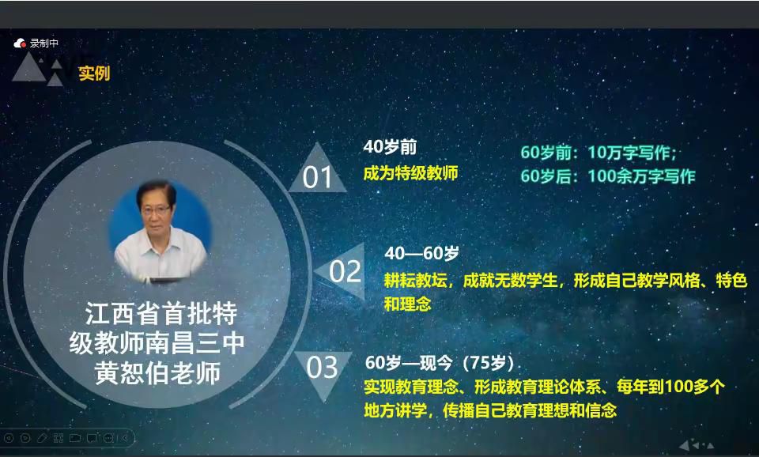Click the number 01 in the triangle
point(317,177)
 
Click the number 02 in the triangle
point(346,271)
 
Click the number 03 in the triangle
point(322,368)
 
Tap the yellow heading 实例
point(94,73)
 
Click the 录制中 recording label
point(44,43)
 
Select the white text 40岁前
point(390,147)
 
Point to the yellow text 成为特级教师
point(410,173)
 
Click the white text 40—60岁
point(421,253)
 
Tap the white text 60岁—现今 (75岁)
point(440,363)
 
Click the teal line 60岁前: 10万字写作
point(599,153)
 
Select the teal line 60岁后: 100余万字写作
point(607,176)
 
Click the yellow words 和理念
point(407,304)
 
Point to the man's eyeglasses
point(156,210)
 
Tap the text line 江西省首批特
point(160,314)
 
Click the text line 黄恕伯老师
point(158,372)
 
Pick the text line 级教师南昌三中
point(157,343)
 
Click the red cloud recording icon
point(20,43)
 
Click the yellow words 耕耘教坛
point(415,281)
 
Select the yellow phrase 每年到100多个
point(670,387)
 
